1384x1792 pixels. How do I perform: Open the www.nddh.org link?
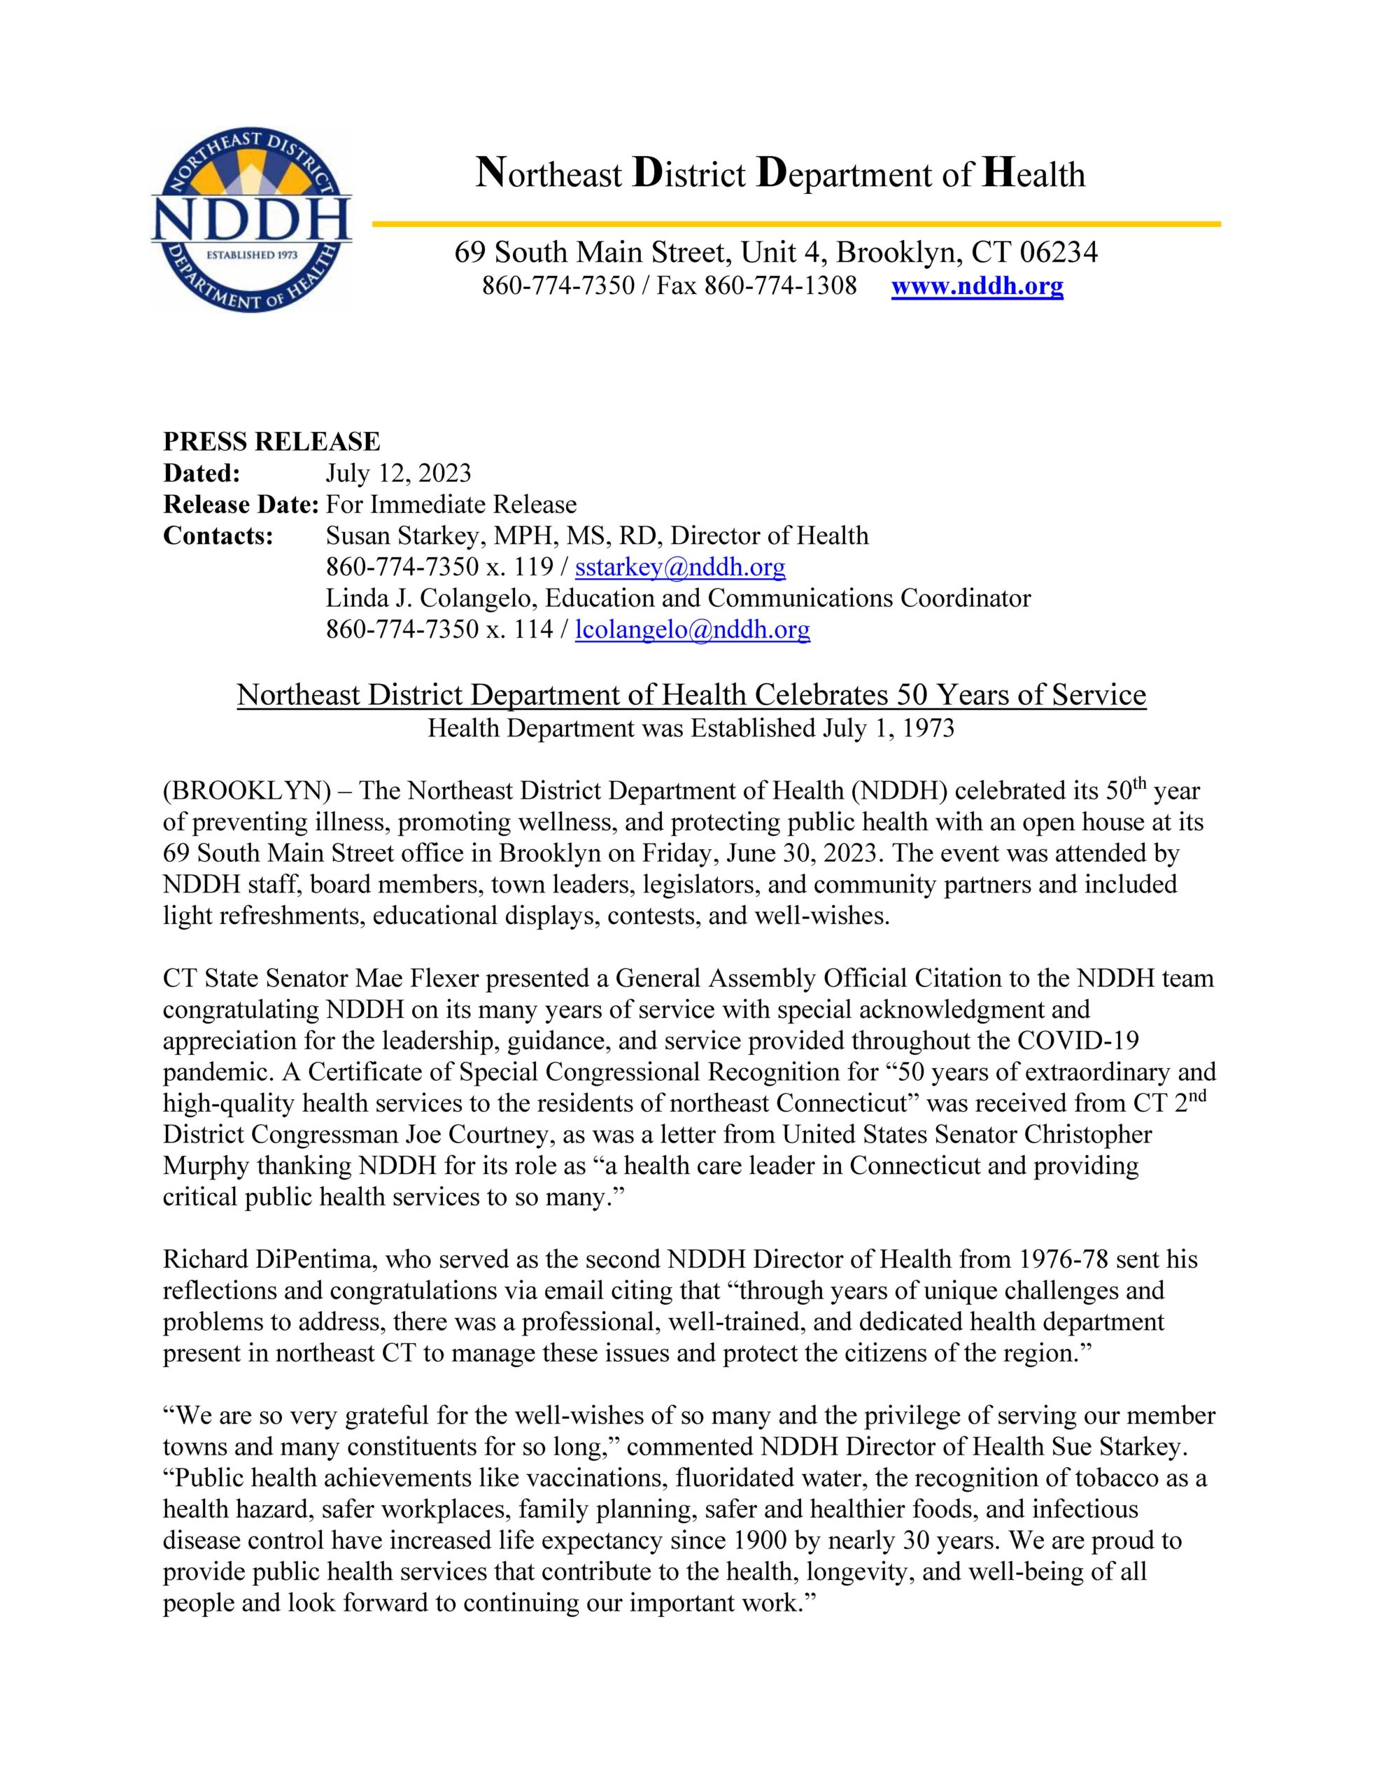point(976,286)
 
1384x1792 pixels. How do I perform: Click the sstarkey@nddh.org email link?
point(680,567)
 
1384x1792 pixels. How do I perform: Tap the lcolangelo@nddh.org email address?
point(693,629)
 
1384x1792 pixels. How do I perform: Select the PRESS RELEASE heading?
point(271,442)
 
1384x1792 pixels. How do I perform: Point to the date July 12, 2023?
point(398,473)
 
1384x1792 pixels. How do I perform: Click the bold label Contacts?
point(218,535)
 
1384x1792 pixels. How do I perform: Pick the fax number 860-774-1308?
point(780,286)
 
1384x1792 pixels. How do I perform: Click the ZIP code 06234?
point(1059,252)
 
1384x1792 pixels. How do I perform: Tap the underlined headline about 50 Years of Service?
point(691,695)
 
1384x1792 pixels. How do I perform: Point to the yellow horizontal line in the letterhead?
point(796,223)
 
